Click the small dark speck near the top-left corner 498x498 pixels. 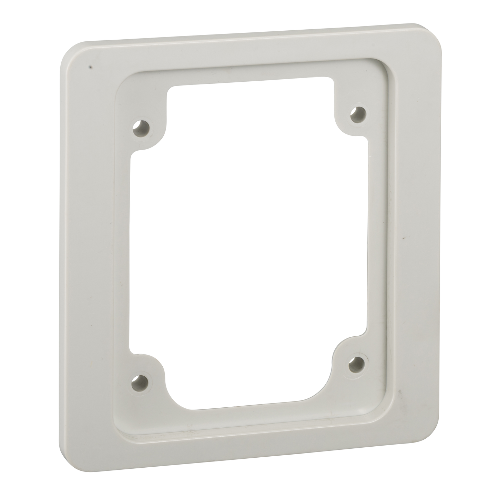point(90,67)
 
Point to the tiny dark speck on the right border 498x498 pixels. point(404,237)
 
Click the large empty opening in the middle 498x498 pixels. point(248,241)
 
